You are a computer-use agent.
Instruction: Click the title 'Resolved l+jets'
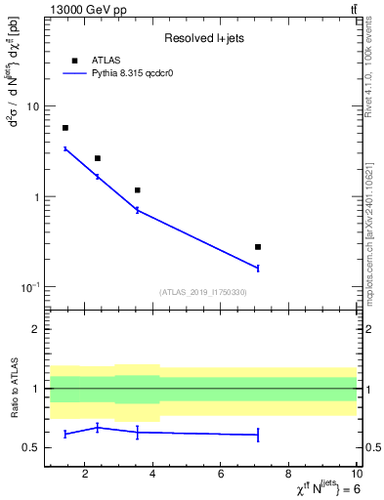coord(202,38)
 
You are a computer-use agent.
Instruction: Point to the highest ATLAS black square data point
coord(65,128)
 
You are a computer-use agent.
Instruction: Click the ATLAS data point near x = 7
coord(258,247)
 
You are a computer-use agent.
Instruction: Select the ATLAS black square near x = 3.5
coord(138,190)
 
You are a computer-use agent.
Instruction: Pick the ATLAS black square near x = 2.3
coord(98,158)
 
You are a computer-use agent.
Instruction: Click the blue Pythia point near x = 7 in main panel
coord(258,268)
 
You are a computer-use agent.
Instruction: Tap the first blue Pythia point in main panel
coord(65,148)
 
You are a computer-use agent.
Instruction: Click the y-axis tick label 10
coord(32,106)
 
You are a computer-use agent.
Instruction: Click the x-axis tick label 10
coord(354,474)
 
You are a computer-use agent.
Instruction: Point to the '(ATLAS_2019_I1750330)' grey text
coord(202,292)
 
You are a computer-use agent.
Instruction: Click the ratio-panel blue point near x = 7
coord(258,435)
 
